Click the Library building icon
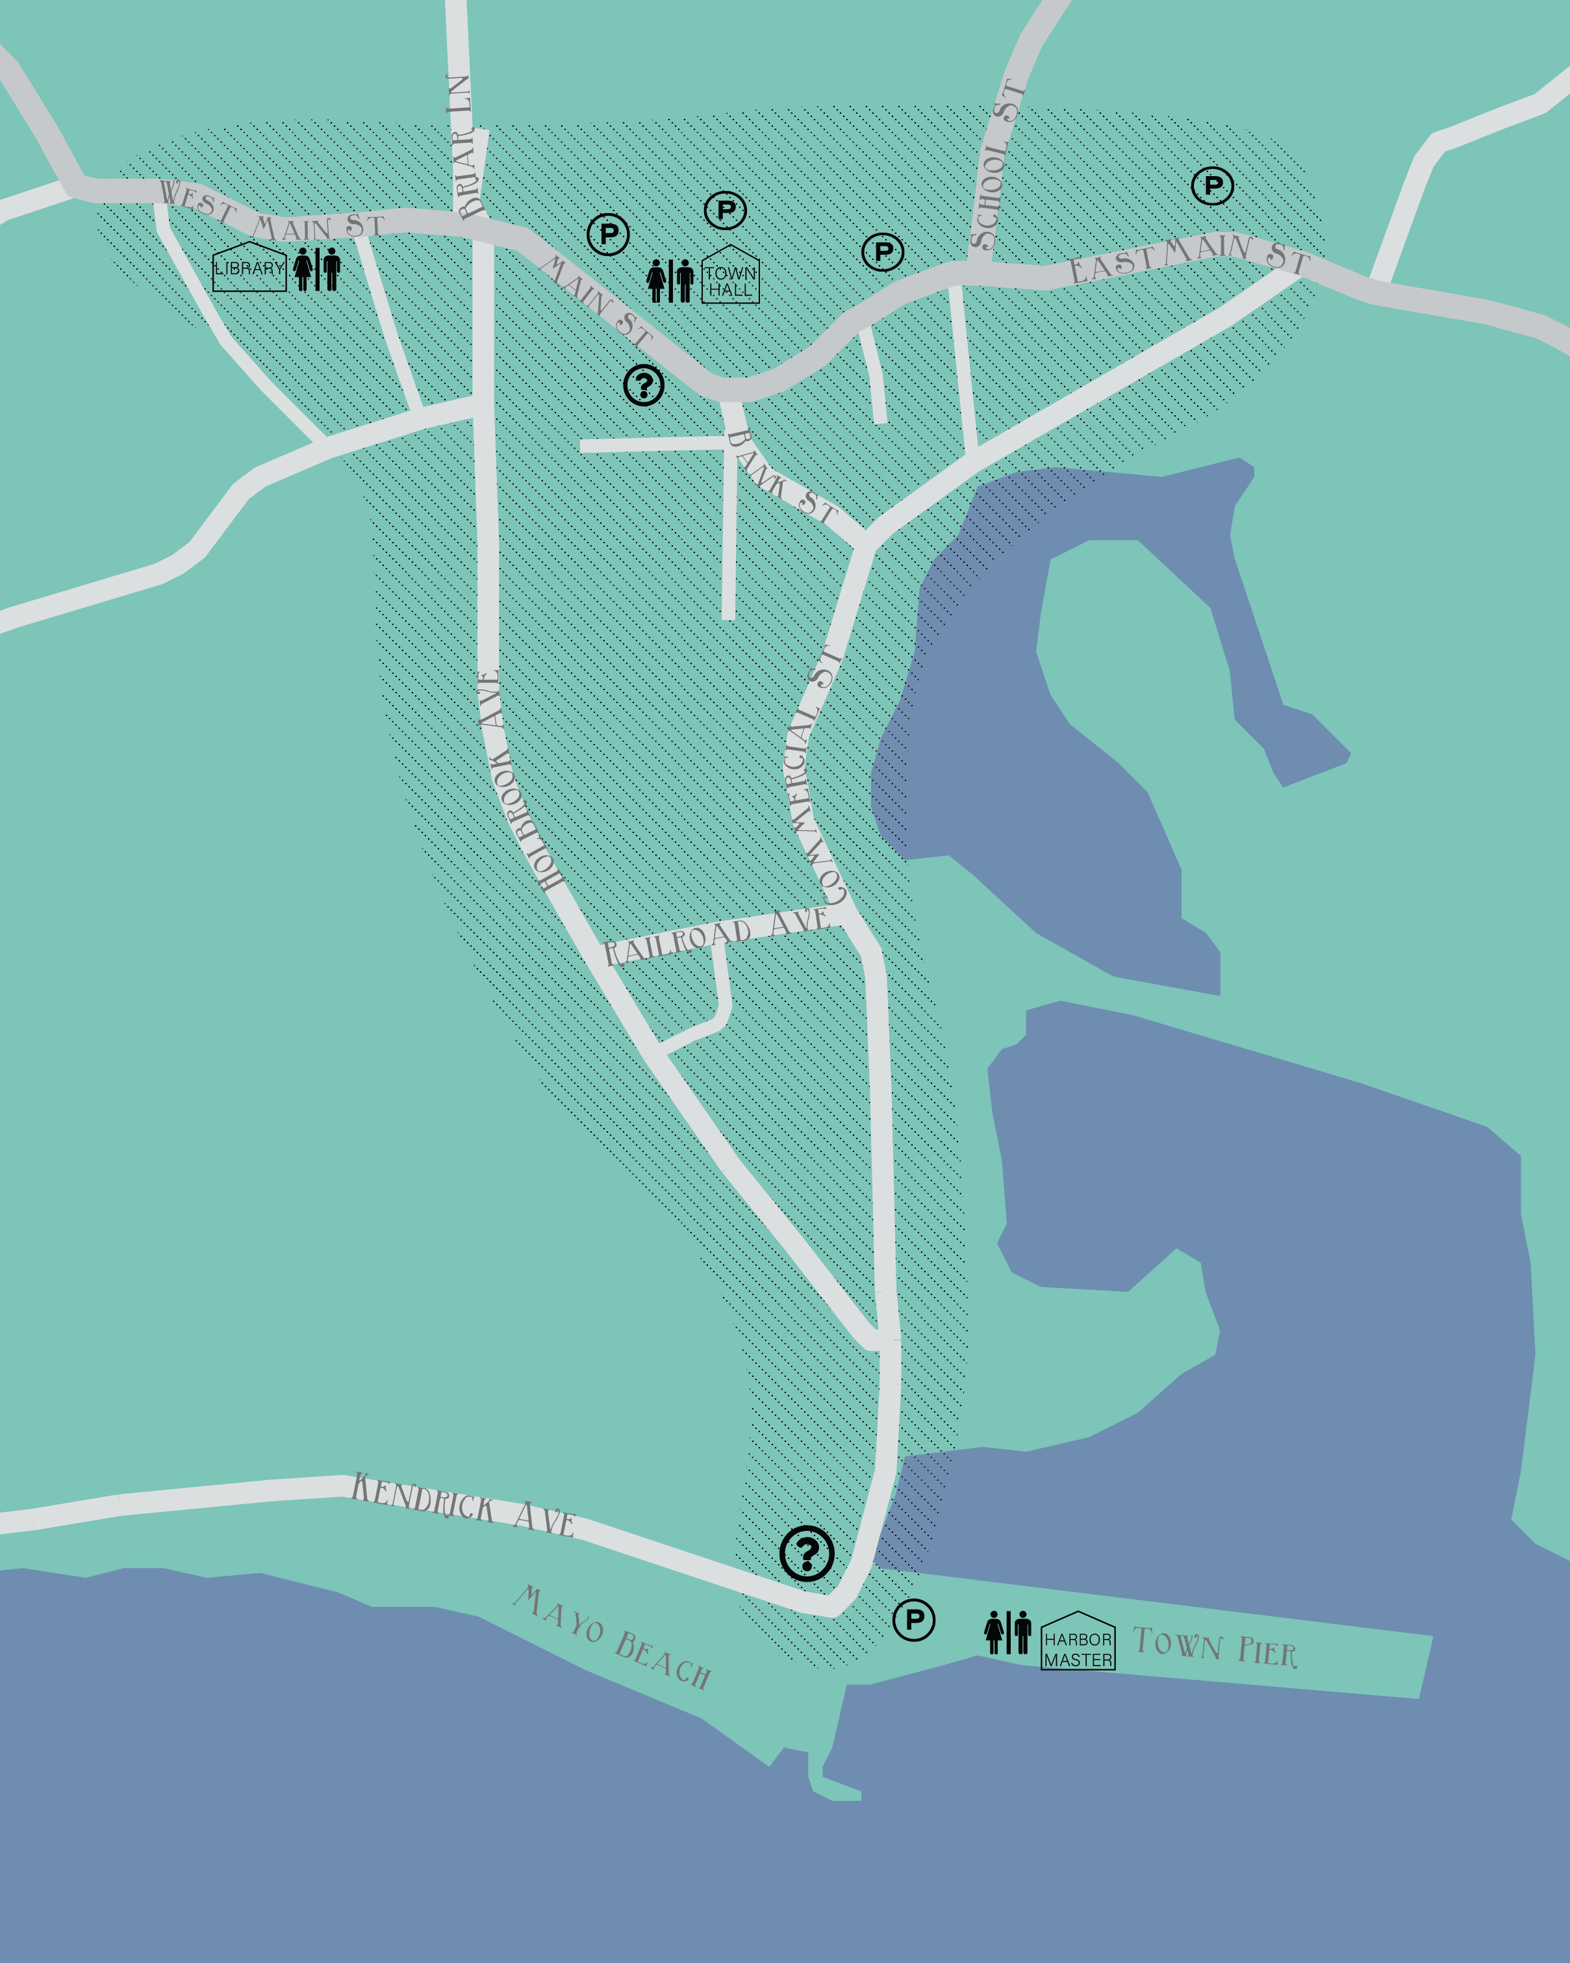[249, 267]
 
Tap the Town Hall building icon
[730, 276]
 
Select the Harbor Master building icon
[1078, 1641]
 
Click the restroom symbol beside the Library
[317, 268]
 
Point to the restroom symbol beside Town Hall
[670, 281]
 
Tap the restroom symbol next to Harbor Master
[1007, 1632]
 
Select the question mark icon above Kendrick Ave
[806, 1553]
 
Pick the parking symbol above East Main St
[1212, 186]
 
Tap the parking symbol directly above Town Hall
[726, 211]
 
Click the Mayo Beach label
[612, 1636]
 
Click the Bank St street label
[781, 478]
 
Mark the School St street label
[996, 166]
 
